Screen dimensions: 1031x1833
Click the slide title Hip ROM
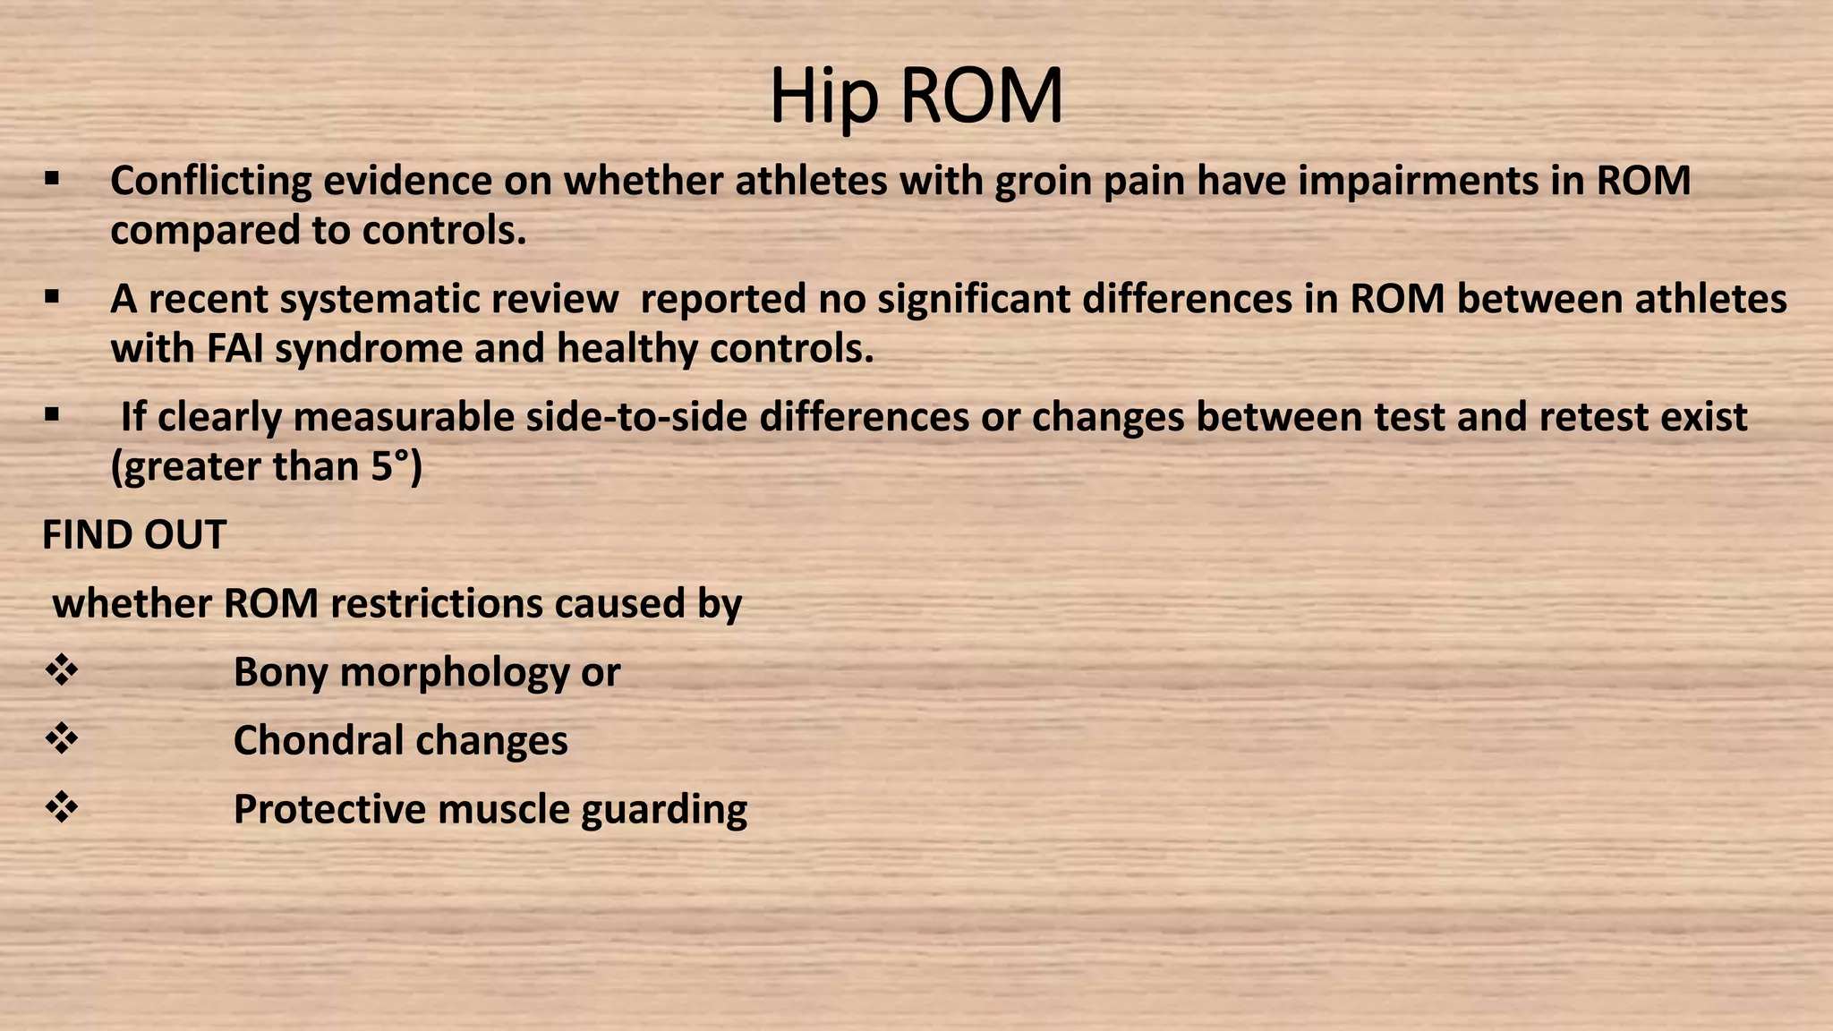pyautogui.click(x=916, y=97)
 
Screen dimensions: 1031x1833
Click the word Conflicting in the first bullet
pyautogui.click(x=210, y=182)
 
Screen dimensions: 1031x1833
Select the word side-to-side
pyautogui.click(x=636, y=418)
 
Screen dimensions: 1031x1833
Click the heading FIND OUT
pyautogui.click(x=134, y=535)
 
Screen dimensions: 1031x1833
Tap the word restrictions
pyautogui.click(x=436, y=604)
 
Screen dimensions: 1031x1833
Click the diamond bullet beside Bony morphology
pyautogui.click(x=62, y=671)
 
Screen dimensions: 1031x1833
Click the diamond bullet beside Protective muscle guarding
pyautogui.click(x=62, y=808)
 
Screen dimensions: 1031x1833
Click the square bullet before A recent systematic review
pyautogui.click(x=51, y=297)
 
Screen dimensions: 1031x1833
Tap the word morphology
pyautogui.click(x=454, y=673)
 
